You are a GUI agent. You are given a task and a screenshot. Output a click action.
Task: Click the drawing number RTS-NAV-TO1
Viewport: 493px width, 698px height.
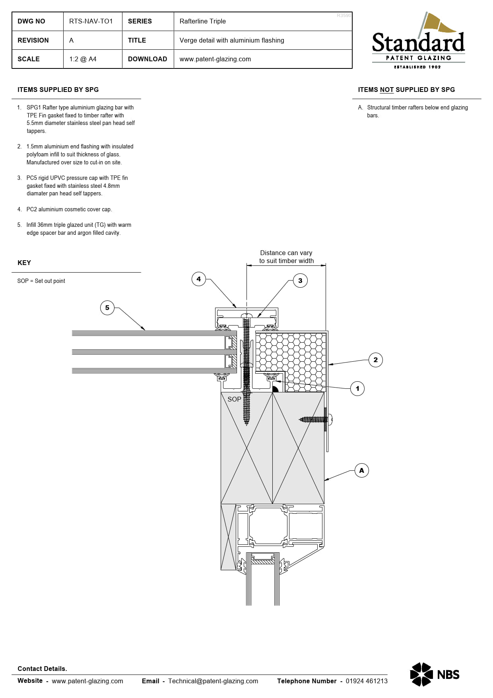click(x=91, y=21)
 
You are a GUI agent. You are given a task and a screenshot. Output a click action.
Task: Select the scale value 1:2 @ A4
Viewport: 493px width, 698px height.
click(x=83, y=59)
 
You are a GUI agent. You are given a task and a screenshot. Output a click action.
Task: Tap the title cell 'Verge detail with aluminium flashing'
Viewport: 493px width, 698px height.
click(x=232, y=40)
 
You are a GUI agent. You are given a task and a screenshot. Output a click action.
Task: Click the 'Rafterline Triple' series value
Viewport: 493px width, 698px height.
click(x=202, y=21)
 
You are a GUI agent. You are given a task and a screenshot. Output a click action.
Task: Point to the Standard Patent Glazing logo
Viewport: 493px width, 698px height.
click(x=418, y=40)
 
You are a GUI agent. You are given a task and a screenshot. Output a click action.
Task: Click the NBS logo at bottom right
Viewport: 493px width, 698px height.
click(x=435, y=674)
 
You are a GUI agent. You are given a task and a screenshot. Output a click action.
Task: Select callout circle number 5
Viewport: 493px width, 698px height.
click(x=107, y=308)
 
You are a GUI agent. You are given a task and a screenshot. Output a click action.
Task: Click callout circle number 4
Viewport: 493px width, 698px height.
click(x=199, y=279)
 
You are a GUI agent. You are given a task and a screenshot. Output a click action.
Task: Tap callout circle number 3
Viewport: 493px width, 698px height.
click(x=300, y=281)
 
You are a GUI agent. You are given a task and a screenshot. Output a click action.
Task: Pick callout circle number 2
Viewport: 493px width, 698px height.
click(x=376, y=360)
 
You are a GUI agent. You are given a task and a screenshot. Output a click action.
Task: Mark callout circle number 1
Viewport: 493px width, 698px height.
click(x=357, y=388)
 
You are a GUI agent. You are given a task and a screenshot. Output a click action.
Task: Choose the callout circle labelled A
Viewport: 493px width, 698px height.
click(x=361, y=470)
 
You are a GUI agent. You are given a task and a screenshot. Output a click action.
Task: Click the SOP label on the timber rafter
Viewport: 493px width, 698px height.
click(x=234, y=399)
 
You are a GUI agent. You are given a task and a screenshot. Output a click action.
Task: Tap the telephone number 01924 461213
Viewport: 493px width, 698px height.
click(x=367, y=681)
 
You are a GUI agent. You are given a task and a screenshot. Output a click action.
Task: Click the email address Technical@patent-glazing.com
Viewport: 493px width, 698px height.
click(x=213, y=681)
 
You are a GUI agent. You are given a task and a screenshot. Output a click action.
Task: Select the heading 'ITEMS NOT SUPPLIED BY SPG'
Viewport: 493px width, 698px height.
click(x=406, y=90)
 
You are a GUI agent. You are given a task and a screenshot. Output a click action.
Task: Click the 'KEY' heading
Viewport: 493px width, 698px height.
click(x=24, y=263)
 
